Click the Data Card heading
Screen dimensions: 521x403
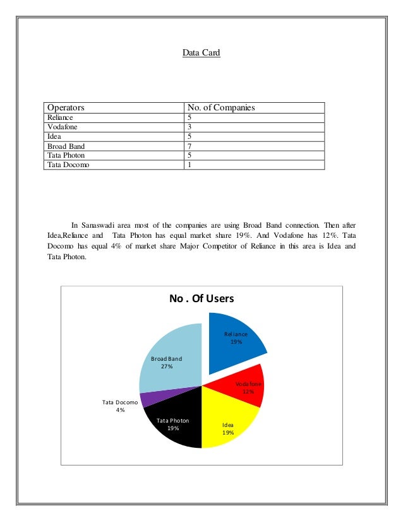coord(201,54)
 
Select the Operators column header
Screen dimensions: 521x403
coord(66,108)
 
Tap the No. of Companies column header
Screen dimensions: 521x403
coord(220,108)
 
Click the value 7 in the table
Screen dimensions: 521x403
coord(189,146)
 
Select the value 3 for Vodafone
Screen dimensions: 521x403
coord(189,127)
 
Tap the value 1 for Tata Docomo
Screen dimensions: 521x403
coord(189,165)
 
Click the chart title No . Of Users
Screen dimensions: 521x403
coord(201,298)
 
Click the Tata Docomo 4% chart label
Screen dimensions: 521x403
coord(120,406)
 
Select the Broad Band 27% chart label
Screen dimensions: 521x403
coord(167,363)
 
